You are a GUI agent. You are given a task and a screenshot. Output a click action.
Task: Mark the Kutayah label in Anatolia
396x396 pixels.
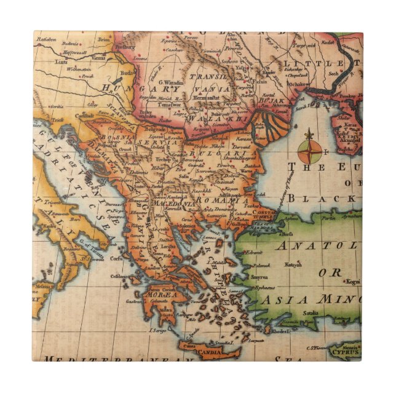[292, 264]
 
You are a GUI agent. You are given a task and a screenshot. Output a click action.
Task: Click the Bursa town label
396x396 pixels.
[274, 233]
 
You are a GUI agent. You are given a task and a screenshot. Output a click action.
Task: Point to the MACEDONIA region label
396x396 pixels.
[173, 204]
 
